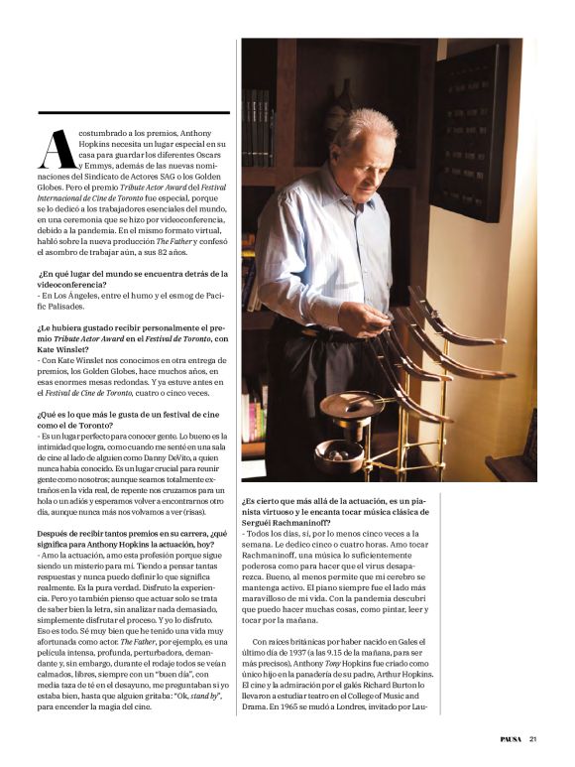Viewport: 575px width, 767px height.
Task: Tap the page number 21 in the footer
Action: pyautogui.click(x=533, y=738)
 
